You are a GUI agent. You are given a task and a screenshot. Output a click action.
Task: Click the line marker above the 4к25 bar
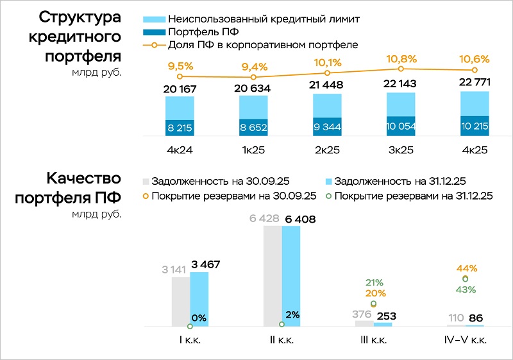(x=475, y=70)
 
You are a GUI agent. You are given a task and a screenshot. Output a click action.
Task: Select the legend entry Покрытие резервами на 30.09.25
(x=234, y=196)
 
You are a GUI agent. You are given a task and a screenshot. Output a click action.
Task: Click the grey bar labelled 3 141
(x=181, y=302)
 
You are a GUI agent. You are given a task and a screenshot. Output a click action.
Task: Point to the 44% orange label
(x=466, y=268)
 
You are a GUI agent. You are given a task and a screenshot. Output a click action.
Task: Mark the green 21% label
(x=374, y=282)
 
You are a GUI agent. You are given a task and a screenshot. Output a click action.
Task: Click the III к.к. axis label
(x=373, y=341)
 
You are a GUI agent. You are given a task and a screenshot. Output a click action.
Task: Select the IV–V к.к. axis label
(x=466, y=341)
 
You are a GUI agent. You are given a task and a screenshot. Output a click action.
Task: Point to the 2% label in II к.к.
(x=293, y=314)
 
